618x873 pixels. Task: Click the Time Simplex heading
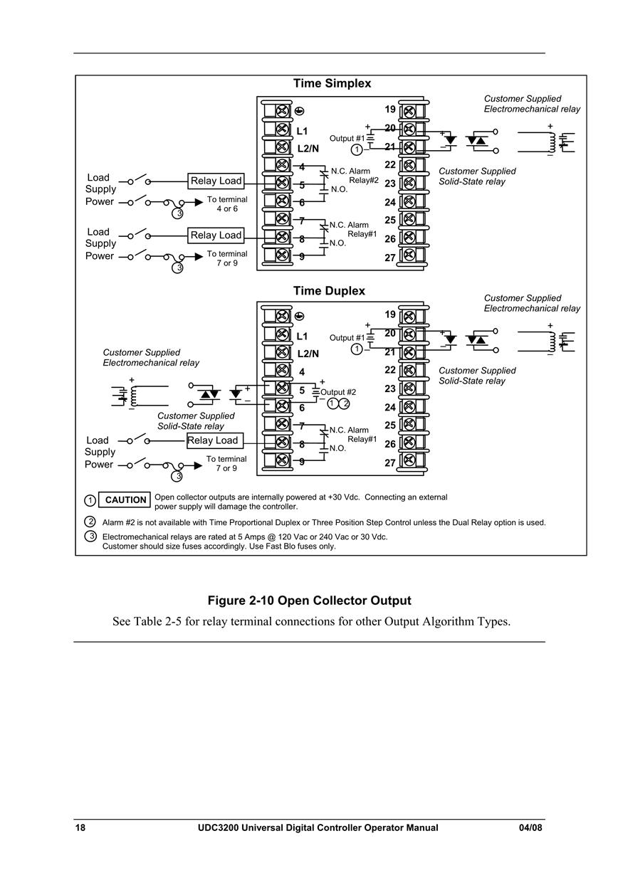(332, 83)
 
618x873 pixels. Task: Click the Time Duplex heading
(329, 291)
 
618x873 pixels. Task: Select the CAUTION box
(125, 499)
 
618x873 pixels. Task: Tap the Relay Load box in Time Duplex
(215, 440)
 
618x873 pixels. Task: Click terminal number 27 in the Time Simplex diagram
(390, 258)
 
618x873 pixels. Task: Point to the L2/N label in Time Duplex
(308, 354)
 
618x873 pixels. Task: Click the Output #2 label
(338, 392)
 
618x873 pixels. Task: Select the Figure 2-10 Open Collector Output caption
(309, 600)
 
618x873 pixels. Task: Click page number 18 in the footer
(80, 827)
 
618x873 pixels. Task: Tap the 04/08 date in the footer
(530, 827)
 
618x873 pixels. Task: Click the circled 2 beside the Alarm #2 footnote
(90, 522)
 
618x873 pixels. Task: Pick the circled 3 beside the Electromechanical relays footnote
(90, 536)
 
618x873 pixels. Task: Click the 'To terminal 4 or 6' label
(227, 203)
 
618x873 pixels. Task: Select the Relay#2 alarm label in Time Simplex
(363, 180)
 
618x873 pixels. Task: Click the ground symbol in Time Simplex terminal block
(298, 111)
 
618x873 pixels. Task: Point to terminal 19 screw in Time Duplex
(408, 316)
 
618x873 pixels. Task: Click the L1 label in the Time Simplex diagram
(302, 131)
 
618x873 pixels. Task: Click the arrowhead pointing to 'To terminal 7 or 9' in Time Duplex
(198, 466)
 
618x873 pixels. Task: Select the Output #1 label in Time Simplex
(347, 138)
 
